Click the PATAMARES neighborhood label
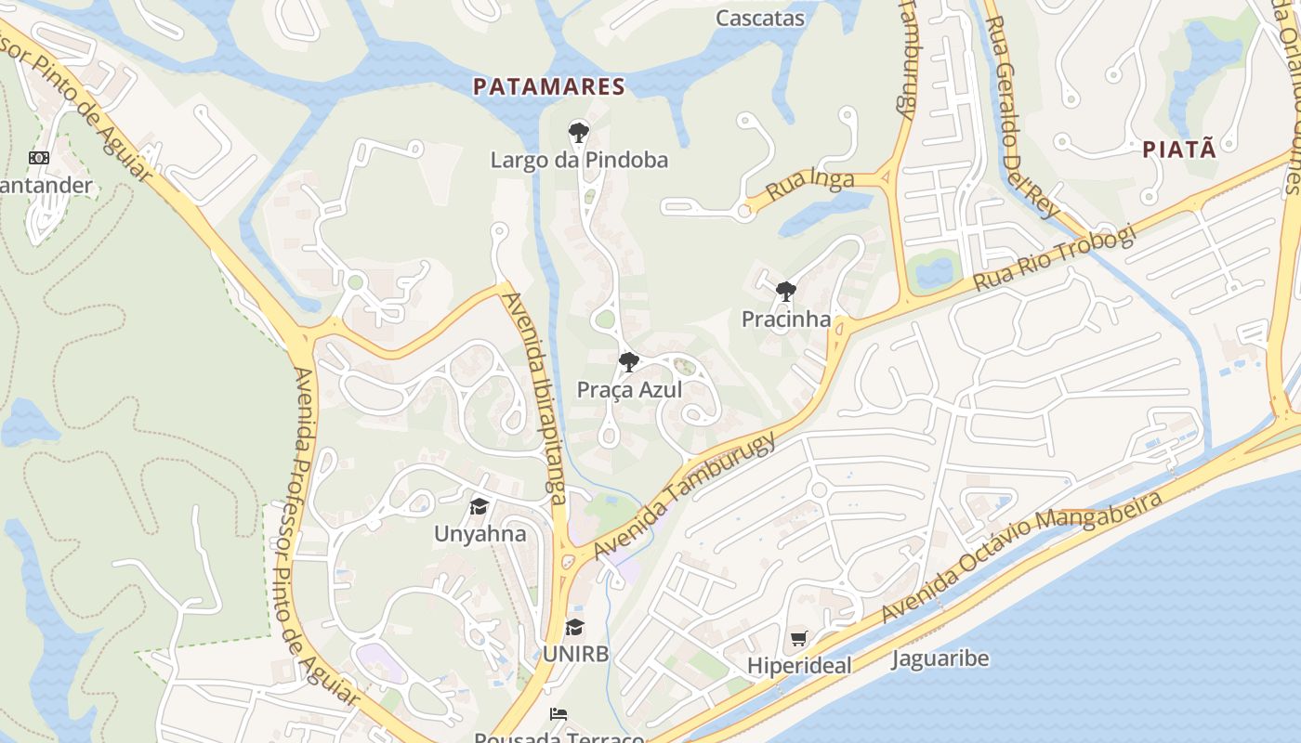tap(548, 87)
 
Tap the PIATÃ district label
tap(1178, 149)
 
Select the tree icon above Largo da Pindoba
tap(579, 133)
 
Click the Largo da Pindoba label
tap(579, 161)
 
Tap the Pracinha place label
tap(786, 319)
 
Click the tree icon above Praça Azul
tap(629, 362)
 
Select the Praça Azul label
tap(629, 390)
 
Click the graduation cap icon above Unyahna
tap(480, 507)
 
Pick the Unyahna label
tap(480, 534)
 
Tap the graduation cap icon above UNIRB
tap(575, 627)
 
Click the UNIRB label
tap(575, 654)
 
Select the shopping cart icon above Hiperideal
tap(799, 639)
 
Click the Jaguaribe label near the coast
tap(940, 659)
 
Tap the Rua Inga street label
tap(809, 186)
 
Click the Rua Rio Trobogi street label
tap(1054, 259)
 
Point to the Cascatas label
tap(760, 18)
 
